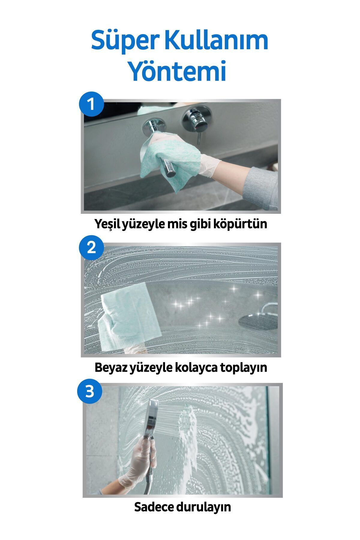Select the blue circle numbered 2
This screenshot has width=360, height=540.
[x=91, y=248]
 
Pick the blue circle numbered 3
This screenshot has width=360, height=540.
[x=90, y=391]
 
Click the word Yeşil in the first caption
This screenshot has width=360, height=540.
[x=107, y=224]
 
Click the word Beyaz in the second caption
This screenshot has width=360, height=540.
[x=110, y=367]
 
